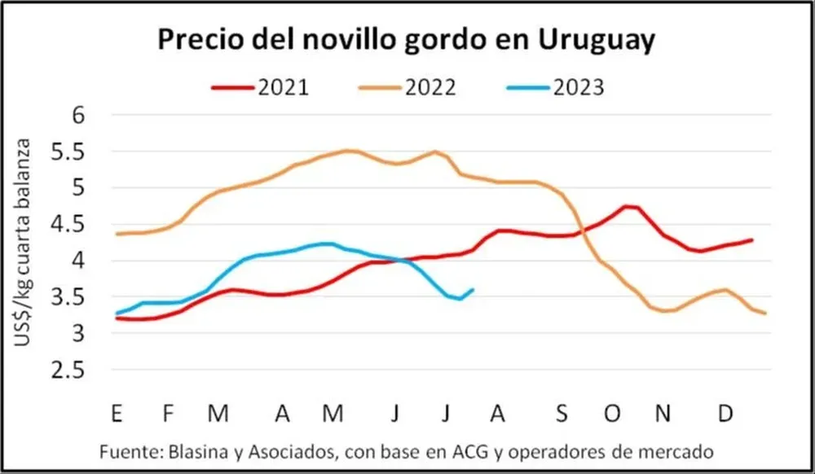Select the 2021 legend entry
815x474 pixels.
[261, 86]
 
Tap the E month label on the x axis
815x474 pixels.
[118, 414]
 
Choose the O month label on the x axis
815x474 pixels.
[612, 414]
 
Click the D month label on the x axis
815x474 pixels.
[724, 414]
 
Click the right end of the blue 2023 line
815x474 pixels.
[474, 289]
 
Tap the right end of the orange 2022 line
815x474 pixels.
[764, 314]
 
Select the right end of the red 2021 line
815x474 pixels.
[751, 239]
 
